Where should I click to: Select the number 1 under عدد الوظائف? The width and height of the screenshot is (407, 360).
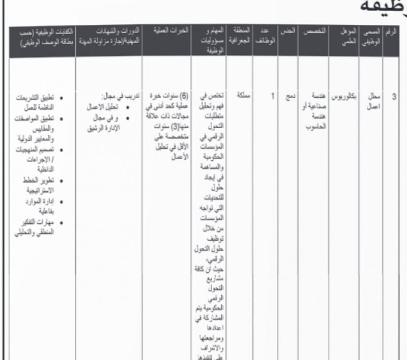265,95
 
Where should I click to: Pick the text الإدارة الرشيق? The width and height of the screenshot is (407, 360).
105,121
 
